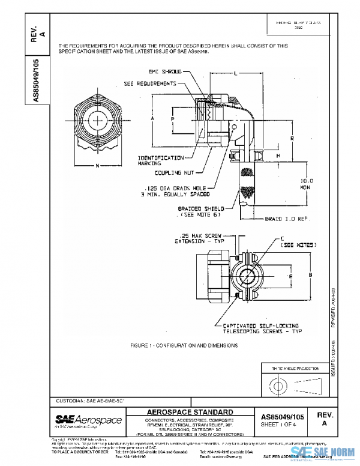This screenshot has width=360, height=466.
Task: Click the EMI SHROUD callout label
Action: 163,71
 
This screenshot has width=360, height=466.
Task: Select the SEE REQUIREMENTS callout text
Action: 149,83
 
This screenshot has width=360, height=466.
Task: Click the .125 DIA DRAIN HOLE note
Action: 175,190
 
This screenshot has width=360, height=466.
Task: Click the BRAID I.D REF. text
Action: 287,219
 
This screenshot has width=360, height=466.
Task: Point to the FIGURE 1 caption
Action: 184,346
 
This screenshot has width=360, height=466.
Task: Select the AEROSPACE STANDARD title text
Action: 189,411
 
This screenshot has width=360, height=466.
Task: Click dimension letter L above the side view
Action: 235,73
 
